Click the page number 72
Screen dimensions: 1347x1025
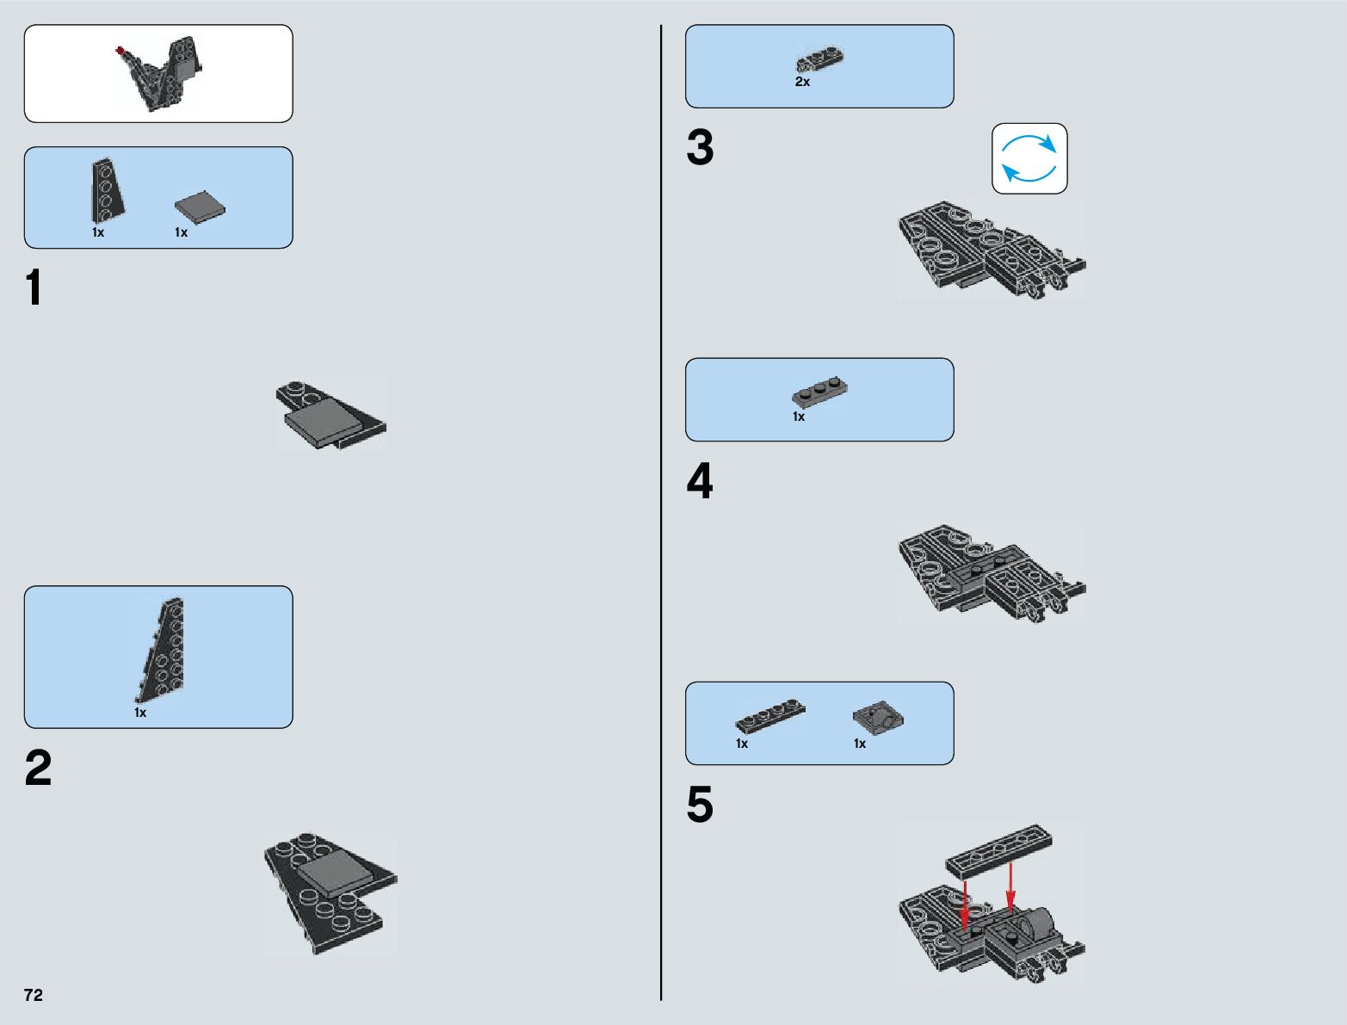click(34, 994)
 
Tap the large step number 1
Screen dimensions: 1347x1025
click(34, 287)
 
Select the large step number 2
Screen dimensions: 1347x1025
click(38, 767)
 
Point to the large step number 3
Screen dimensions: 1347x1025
click(701, 147)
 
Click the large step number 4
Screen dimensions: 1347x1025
click(700, 481)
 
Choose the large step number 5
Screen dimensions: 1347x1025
click(701, 804)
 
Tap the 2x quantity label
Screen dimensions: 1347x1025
click(802, 82)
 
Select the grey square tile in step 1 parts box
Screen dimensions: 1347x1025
click(200, 207)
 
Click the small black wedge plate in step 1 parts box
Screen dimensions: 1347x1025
click(107, 190)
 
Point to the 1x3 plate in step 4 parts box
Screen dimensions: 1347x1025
click(820, 392)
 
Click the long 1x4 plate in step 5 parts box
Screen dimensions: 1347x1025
click(770, 715)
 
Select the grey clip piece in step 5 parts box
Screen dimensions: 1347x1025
click(878, 716)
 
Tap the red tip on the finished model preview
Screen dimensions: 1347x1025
click(120, 51)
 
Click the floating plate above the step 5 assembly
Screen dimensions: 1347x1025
click(999, 849)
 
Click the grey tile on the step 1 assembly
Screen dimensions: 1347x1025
click(322, 422)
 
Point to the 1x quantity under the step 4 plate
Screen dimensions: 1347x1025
click(799, 417)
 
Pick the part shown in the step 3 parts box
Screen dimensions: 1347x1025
click(820, 59)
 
